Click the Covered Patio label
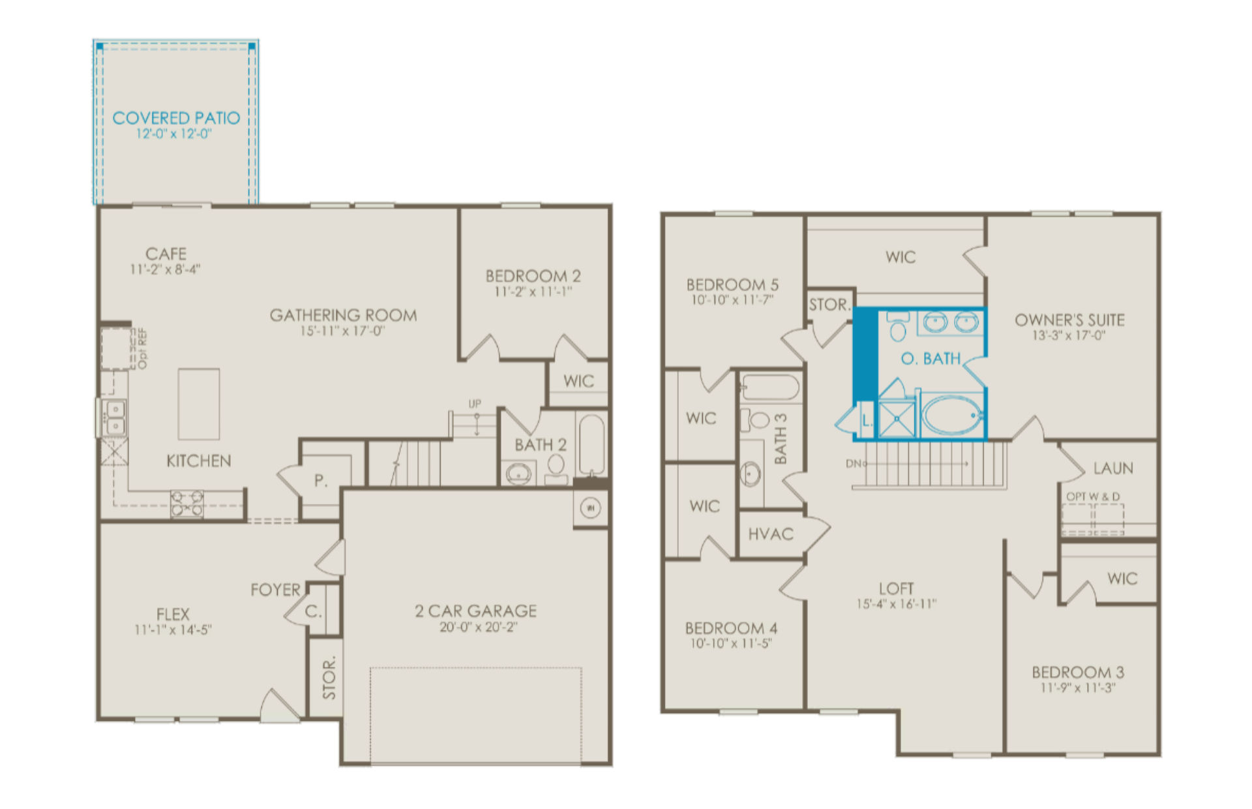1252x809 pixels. coord(176,118)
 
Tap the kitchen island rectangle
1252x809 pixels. coord(199,404)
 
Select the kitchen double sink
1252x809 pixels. coord(115,418)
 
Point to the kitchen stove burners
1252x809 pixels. coord(186,504)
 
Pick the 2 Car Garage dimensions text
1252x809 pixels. coord(478,628)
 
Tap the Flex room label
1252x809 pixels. coord(173,615)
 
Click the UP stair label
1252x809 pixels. coord(475,404)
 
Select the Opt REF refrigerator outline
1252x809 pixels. coord(116,349)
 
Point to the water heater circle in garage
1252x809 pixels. coord(591,508)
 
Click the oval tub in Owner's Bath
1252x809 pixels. coord(952,415)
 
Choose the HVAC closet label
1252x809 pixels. coord(771,534)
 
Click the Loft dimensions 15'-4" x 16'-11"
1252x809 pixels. coord(896,604)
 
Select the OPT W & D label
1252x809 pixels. coord(1093,496)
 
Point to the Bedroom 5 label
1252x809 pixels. coord(732,285)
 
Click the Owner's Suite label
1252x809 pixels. coord(1069,320)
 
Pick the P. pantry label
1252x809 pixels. coord(320,481)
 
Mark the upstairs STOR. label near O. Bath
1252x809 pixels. coord(829,305)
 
